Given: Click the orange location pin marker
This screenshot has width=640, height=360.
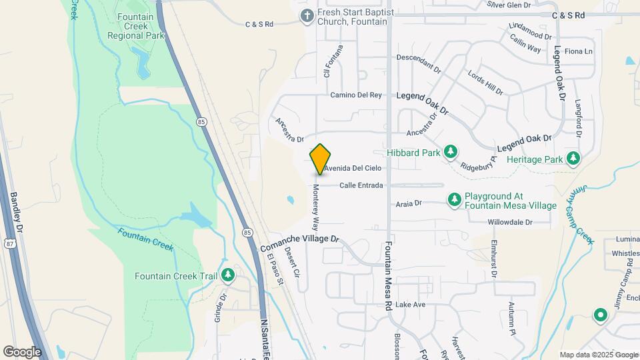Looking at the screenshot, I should coord(320,159).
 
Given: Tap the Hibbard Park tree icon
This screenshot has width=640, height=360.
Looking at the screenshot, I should coord(451,153).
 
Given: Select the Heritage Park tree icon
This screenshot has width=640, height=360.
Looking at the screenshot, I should coord(573,159).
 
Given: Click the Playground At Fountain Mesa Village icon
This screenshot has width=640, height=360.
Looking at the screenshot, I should coord(454,199).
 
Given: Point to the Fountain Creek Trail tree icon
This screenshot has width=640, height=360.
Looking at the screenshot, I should coord(228,275).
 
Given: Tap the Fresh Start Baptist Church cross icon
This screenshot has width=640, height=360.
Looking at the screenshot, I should coord(307,16).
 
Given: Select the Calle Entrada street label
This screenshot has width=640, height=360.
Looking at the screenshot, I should coord(361,185).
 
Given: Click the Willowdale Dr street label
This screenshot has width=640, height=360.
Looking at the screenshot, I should coord(510,222).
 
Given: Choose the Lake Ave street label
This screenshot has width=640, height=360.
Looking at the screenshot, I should coord(410,304).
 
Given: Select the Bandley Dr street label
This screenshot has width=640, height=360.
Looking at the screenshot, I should coord(17,213).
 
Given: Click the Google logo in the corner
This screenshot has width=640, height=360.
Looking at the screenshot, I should coord(21,351).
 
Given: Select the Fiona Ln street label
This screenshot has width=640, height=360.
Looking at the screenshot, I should coord(578,51).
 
